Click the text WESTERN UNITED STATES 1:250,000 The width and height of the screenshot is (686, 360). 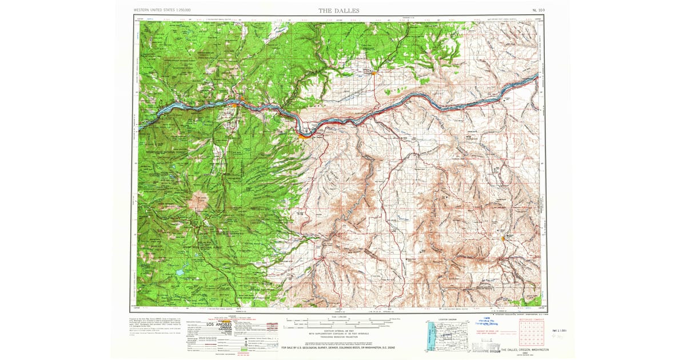162,10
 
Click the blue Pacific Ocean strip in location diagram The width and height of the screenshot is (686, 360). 427,338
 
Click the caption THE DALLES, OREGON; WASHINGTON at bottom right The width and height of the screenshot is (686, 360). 525,349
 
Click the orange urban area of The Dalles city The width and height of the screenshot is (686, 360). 303,135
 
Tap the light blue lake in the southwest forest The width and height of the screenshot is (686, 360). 180,273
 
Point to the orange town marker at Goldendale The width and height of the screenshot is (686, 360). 373,73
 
